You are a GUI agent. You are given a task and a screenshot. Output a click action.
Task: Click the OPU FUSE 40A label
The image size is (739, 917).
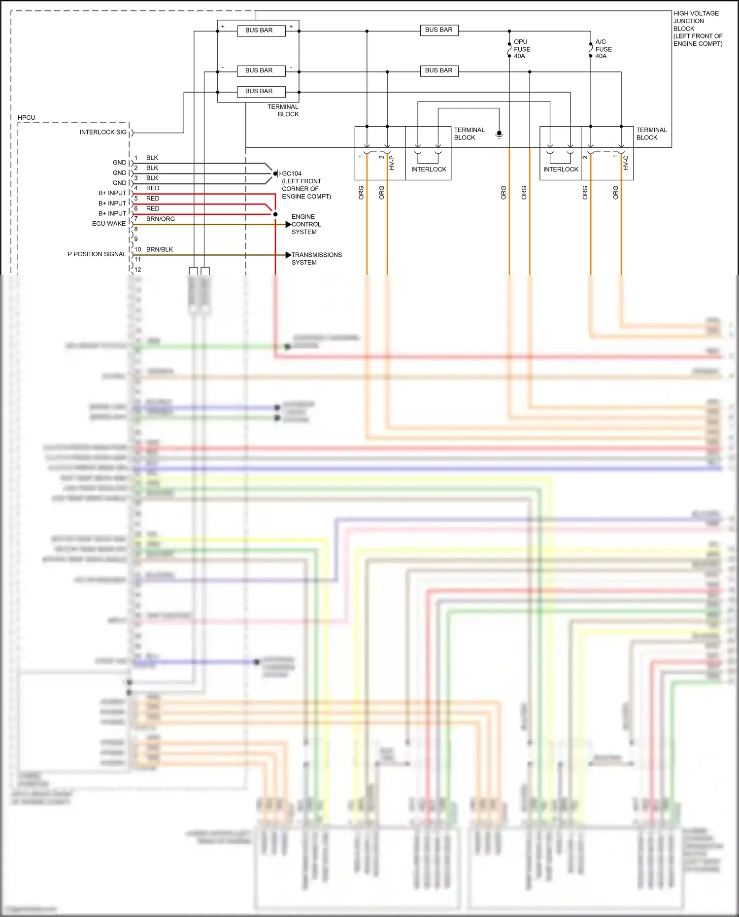[x=522, y=49]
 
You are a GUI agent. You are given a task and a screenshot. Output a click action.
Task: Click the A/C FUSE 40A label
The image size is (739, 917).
[x=603, y=49]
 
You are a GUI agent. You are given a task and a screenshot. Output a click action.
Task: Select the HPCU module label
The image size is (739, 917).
[x=27, y=118]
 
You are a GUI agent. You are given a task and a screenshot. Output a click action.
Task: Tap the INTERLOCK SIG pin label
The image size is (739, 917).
[x=103, y=133]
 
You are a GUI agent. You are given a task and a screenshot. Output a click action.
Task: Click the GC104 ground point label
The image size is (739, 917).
[x=291, y=174]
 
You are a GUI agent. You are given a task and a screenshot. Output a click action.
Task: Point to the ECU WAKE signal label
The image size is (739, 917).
[x=108, y=224]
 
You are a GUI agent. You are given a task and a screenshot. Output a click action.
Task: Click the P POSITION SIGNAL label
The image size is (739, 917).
[x=97, y=254]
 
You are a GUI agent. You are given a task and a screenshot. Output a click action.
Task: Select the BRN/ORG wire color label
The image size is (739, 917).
[x=160, y=219]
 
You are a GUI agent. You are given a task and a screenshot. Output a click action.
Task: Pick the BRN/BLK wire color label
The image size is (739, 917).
[x=159, y=249]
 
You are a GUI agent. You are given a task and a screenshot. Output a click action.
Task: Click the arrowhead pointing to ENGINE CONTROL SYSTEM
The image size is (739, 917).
[x=288, y=225]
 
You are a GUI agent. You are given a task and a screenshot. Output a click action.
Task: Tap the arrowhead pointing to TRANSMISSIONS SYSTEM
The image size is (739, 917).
[x=288, y=255]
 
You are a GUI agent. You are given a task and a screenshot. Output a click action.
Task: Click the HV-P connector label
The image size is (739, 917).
[x=392, y=163]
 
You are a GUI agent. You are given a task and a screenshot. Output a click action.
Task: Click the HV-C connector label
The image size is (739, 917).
[x=626, y=163]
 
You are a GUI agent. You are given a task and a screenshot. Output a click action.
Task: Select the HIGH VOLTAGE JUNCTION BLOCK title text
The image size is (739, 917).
[x=697, y=29]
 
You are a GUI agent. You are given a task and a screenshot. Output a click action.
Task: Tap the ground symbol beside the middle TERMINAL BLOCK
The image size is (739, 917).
[x=499, y=134]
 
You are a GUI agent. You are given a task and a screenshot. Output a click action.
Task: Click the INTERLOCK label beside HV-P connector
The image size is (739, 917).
[x=429, y=170]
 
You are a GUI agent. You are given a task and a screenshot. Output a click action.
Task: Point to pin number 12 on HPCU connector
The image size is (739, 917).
[x=138, y=270]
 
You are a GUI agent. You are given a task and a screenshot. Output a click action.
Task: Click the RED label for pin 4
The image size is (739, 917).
[x=153, y=188]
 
